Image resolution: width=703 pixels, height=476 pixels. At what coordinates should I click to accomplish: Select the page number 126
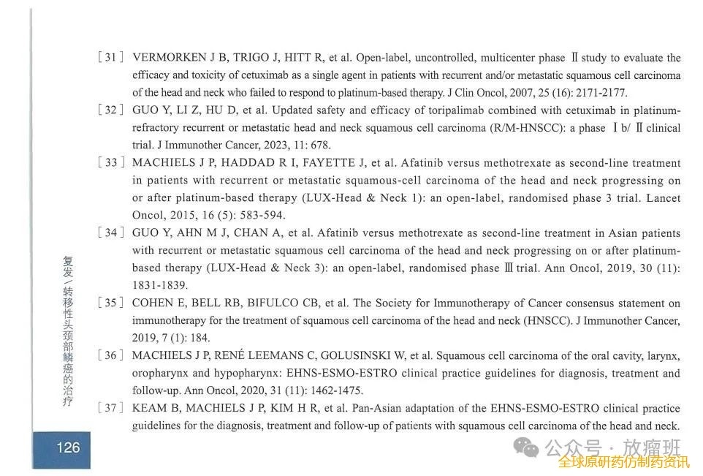pos(67,447)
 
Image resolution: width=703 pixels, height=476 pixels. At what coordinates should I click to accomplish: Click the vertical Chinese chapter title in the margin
pos(68,332)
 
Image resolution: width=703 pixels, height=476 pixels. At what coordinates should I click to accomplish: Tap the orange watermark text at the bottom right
pos(623,462)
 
